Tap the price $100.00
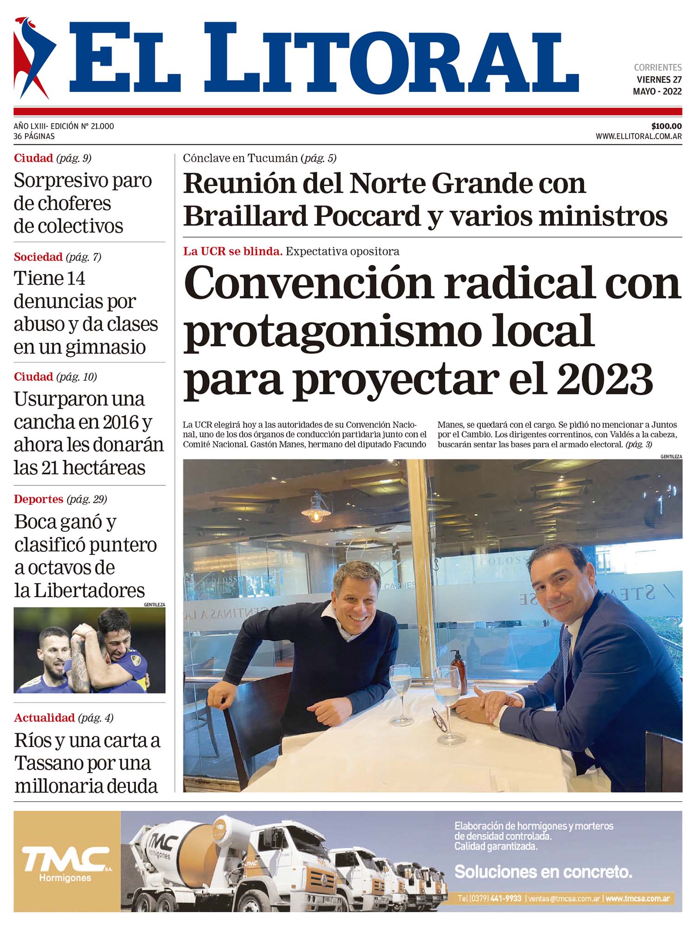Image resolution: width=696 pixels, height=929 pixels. point(666,126)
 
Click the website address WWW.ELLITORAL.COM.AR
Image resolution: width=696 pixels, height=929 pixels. point(638,136)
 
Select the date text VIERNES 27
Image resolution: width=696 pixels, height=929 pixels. point(659,80)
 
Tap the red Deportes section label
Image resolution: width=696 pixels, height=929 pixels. point(39,499)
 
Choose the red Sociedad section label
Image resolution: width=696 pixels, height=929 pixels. point(38,257)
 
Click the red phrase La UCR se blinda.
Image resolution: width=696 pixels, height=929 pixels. point(232,252)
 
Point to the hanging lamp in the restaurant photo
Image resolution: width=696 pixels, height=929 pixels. point(317,510)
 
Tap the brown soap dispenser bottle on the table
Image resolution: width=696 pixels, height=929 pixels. point(458,671)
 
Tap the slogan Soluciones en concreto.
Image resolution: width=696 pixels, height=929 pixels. point(543,872)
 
